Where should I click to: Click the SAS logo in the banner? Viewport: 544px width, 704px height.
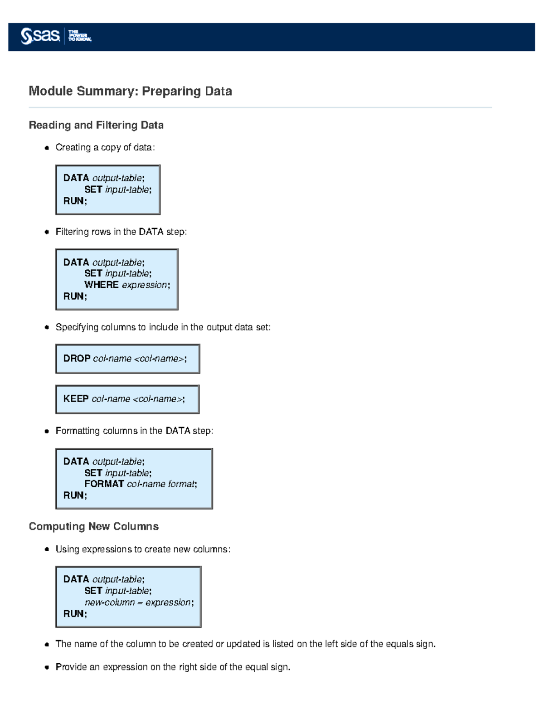coord(40,36)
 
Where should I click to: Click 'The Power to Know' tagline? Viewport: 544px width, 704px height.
coord(80,36)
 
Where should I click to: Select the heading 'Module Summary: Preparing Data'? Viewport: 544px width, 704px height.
coord(130,91)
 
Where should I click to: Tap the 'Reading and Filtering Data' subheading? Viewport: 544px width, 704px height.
coord(96,125)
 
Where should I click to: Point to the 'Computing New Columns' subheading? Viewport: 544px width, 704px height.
coord(94,526)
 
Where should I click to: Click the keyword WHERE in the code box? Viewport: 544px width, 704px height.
coord(102,285)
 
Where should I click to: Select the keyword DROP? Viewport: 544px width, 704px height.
coord(77,359)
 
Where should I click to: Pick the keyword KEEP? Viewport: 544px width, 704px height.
coord(76,399)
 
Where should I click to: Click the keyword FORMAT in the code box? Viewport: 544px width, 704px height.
coord(104,484)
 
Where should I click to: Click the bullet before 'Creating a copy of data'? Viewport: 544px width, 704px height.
coord(47,148)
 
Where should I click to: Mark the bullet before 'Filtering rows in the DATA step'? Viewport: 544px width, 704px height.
coord(47,232)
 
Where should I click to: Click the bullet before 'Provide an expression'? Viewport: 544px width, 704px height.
coord(47,667)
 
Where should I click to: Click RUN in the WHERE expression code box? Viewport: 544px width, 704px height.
coord(74,296)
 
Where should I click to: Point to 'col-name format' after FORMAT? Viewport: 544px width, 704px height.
coord(161,484)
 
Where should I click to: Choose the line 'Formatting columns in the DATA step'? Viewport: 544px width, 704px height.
coord(134,431)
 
